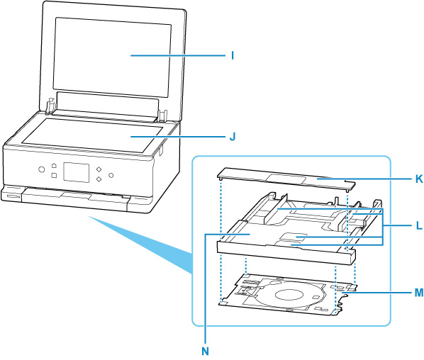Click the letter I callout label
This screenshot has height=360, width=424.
pos(233,55)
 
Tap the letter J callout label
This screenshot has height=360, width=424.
pos(233,137)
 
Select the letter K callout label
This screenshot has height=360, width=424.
pos(419,179)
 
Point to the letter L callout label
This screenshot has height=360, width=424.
pos(419,225)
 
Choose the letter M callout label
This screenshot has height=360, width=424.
pos(419,292)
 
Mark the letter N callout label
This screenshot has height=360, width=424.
pos(205,351)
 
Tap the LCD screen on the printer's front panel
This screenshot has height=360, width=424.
pos(77,172)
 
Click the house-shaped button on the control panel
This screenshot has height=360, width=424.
pos(54,164)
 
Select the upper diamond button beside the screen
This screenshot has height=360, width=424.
pos(99,169)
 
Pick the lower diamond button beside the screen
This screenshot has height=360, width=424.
pos(99,179)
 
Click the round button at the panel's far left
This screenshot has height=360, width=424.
pos(41,169)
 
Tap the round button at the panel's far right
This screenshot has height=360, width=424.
pos(111,176)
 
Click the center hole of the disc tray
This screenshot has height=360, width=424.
pos(289,294)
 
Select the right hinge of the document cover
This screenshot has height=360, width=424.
pos(162,116)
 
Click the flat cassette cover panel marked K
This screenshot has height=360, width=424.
pos(286,180)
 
